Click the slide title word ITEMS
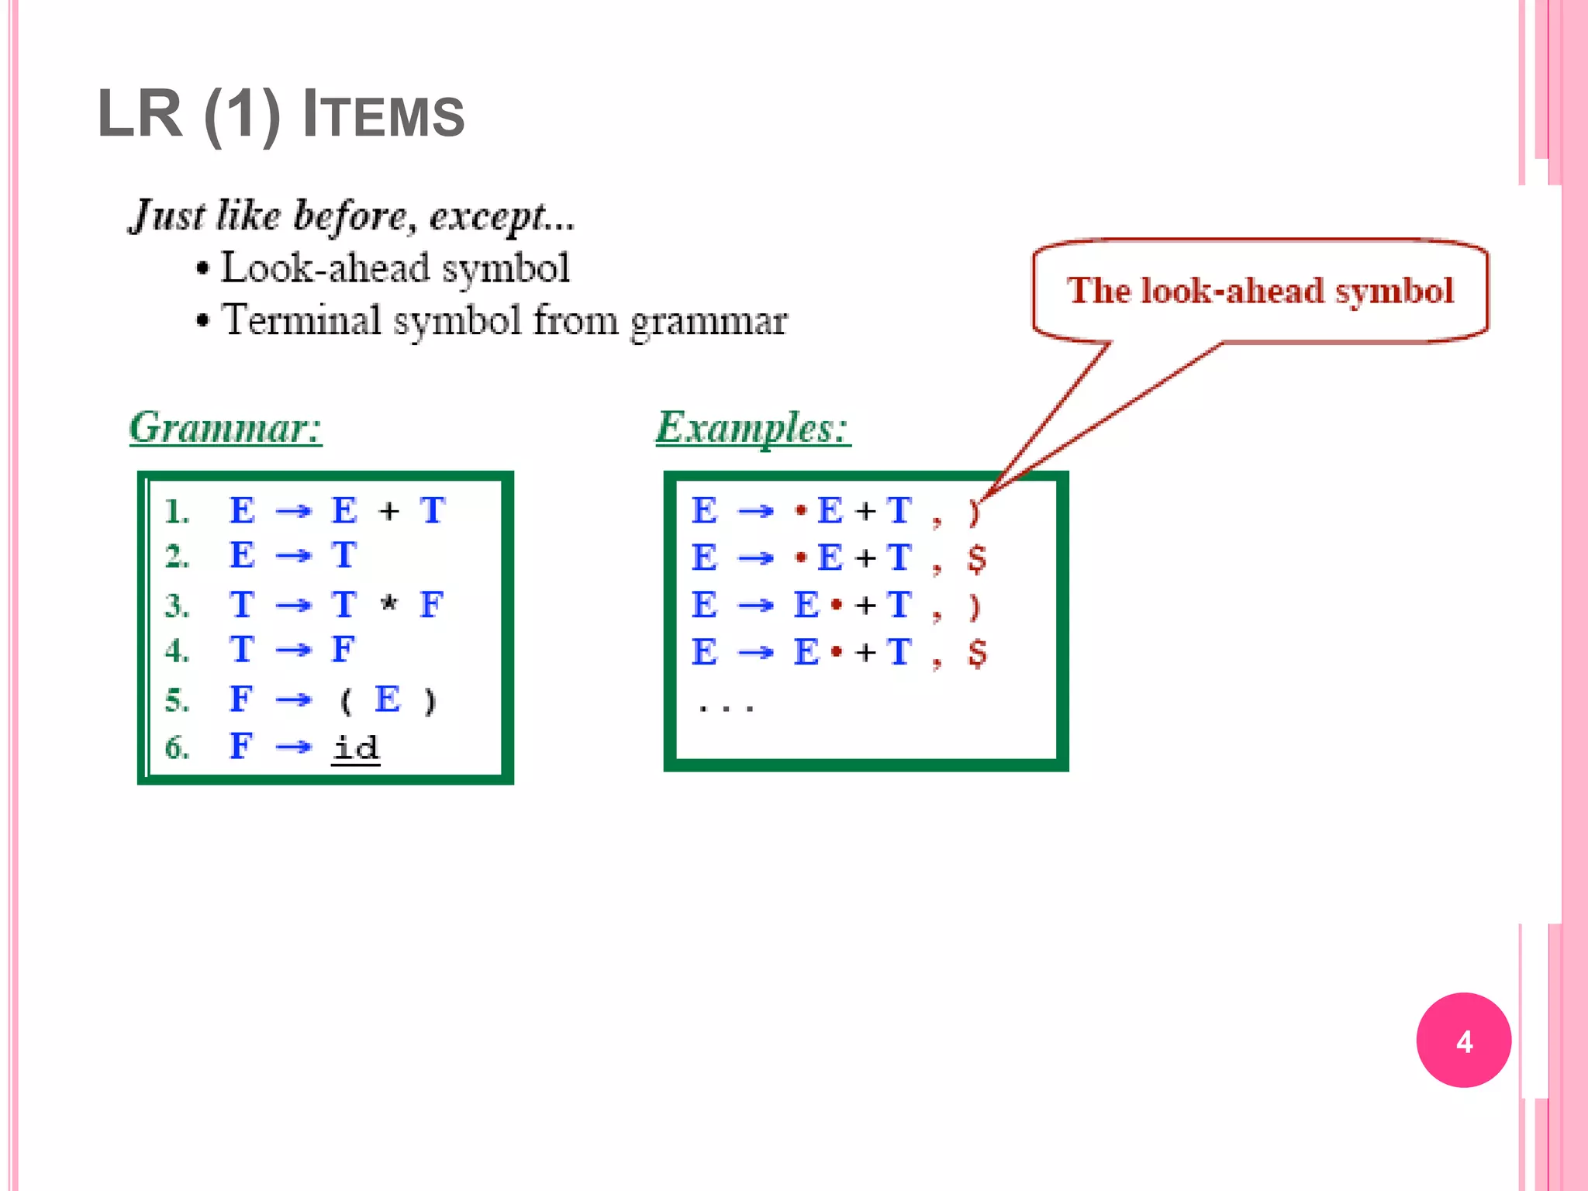point(383,115)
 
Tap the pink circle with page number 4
point(1463,1040)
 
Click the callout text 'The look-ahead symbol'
point(1259,291)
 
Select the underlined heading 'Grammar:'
point(225,427)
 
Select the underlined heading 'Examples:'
point(752,427)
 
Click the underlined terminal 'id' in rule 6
point(356,747)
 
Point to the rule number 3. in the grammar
point(177,606)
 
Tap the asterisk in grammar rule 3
point(389,604)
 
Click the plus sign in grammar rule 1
point(389,511)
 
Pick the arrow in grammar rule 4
point(293,651)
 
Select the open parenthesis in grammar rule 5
point(346,701)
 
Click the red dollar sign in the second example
point(977,558)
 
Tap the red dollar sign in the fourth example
point(977,653)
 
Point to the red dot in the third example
point(836,605)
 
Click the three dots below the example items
point(726,708)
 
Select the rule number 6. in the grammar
point(177,747)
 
